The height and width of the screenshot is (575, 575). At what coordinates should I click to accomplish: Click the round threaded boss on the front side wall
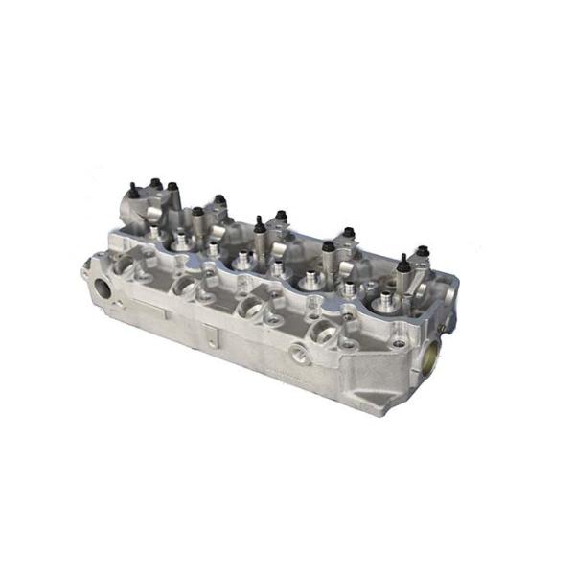(300, 356)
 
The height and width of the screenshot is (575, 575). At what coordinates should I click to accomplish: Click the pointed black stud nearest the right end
(402, 262)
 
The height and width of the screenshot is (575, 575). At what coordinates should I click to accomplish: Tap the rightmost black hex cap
(422, 251)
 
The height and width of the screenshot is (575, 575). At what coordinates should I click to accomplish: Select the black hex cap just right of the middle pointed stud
(281, 217)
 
